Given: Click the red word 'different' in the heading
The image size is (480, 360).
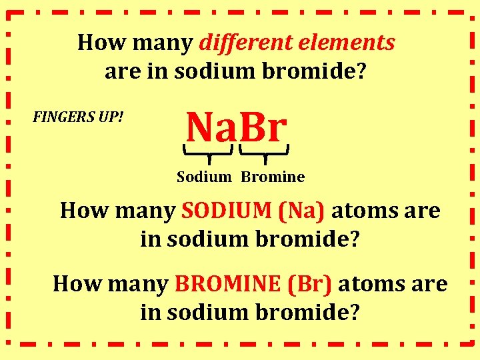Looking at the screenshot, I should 237,43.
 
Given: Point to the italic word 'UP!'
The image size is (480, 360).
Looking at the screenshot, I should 113,118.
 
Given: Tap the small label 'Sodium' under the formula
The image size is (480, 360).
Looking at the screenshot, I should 204,177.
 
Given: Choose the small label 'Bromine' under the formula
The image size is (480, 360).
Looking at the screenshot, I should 273,177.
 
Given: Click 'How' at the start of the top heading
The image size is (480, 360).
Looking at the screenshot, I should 97,43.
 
